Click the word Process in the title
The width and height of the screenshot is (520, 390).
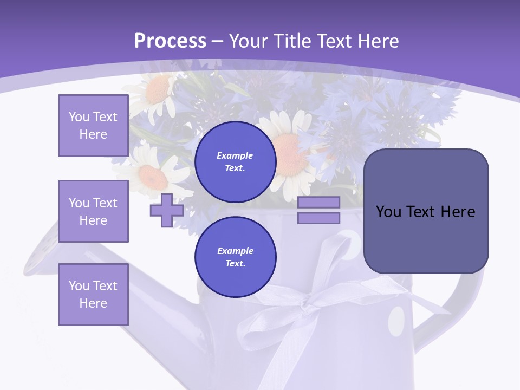tap(170, 41)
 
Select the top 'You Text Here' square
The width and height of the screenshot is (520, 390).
tap(93, 126)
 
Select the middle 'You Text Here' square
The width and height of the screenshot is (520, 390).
tap(93, 211)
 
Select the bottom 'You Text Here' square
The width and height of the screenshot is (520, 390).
tap(93, 294)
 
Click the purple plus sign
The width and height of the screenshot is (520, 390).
tap(167, 210)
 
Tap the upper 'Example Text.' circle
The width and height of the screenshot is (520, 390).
tap(236, 161)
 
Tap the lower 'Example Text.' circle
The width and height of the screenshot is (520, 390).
tap(236, 257)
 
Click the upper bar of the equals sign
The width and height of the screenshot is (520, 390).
tap(318, 202)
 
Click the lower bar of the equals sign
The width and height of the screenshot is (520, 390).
tap(318, 218)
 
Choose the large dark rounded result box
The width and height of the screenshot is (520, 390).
tap(426, 211)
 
